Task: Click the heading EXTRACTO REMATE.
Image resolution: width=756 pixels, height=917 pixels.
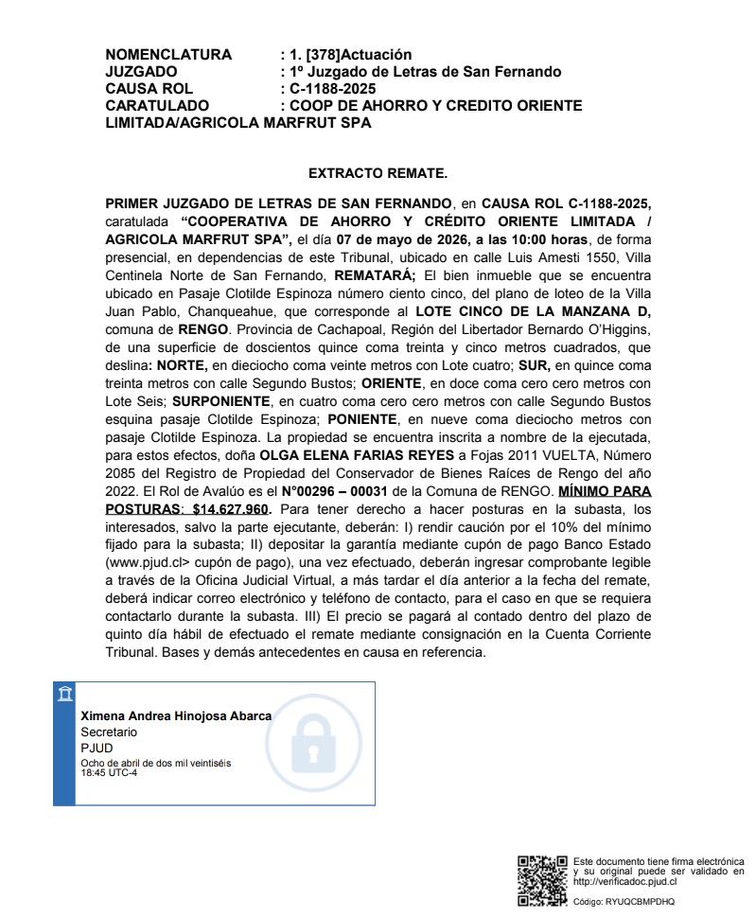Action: (378, 174)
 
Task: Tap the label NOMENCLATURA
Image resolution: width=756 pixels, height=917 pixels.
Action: (167, 55)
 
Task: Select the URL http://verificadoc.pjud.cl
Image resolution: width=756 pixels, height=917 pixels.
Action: (625, 880)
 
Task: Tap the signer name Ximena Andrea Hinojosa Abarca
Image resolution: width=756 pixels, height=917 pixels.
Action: (176, 716)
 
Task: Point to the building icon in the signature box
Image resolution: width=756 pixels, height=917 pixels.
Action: (64, 696)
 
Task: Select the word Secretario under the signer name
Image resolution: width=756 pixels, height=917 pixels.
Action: (109, 732)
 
